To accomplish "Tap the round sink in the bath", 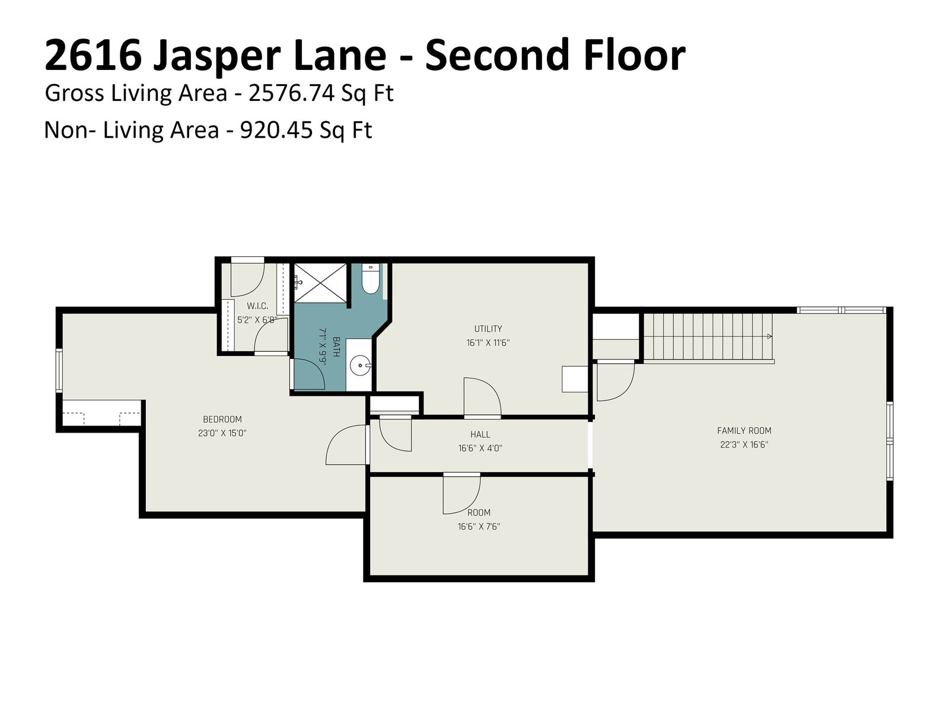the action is pos(359,365).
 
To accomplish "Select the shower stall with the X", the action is pos(320,282).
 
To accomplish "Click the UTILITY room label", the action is pos(488,329).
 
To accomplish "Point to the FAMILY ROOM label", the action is pos(744,431).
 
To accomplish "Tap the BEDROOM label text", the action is pos(222,419).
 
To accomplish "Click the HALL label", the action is pos(480,434).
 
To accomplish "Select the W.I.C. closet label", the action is pos(257,306).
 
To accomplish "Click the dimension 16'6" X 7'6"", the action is pos(479,526).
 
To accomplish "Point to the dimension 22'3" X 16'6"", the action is pos(744,444).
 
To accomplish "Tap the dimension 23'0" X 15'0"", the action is pos(222,433).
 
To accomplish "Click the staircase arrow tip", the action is pos(772,336).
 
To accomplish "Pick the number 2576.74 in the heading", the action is pos(291,93).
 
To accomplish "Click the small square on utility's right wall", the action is pos(575,379).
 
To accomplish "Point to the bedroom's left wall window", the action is pos(59,370).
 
